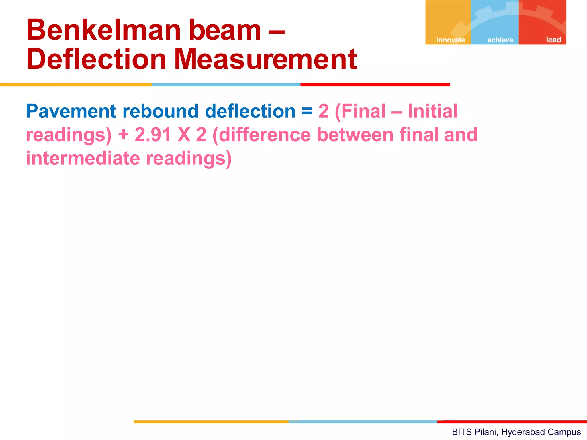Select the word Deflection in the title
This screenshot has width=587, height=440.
click(96, 59)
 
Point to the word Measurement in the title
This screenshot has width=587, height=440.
click(265, 59)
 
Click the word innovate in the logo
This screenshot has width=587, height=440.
click(451, 40)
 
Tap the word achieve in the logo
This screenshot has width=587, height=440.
click(500, 40)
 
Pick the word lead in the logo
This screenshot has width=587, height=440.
click(553, 40)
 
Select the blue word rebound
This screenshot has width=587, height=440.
click(161, 111)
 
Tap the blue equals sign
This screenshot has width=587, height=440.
click(307, 111)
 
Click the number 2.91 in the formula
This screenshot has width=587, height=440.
click(152, 135)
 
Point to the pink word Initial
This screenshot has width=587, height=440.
click(433, 111)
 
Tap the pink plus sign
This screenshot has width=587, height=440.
click(124, 135)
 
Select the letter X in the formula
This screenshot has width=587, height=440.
click(184, 135)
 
